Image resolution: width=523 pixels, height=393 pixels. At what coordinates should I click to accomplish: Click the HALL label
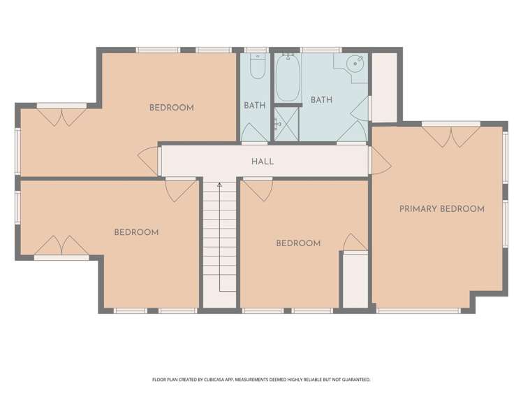pos(263,162)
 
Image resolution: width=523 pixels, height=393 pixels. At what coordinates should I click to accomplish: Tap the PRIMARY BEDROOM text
pos(441,208)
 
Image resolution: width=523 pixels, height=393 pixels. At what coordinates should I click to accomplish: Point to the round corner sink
pos(355,63)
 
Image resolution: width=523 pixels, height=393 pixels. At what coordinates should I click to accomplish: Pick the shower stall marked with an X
pos(285,124)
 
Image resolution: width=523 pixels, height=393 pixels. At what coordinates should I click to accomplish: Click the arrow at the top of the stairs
pos(219,185)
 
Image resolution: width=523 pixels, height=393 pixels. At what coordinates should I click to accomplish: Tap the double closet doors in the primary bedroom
pos(450,136)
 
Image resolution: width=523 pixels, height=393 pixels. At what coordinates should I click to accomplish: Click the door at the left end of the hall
pos(149,162)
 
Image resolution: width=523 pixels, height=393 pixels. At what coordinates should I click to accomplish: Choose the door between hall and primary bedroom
pos(380,161)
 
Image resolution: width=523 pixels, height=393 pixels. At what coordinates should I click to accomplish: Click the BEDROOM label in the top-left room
pos(171,108)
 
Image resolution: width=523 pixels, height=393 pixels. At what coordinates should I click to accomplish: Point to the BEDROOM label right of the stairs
pos(298,243)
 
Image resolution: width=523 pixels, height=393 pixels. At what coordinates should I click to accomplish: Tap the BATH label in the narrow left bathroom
pos(254,106)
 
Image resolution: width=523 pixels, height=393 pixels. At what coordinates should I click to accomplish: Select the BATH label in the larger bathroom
pos(321,100)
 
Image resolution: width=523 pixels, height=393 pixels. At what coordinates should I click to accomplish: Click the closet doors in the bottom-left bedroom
pos(61,246)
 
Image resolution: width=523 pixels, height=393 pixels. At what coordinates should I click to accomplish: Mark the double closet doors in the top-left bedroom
pos(61,116)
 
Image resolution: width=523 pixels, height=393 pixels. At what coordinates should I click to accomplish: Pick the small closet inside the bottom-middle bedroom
pos(354,280)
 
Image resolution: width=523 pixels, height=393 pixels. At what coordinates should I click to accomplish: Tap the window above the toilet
pos(256,50)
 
